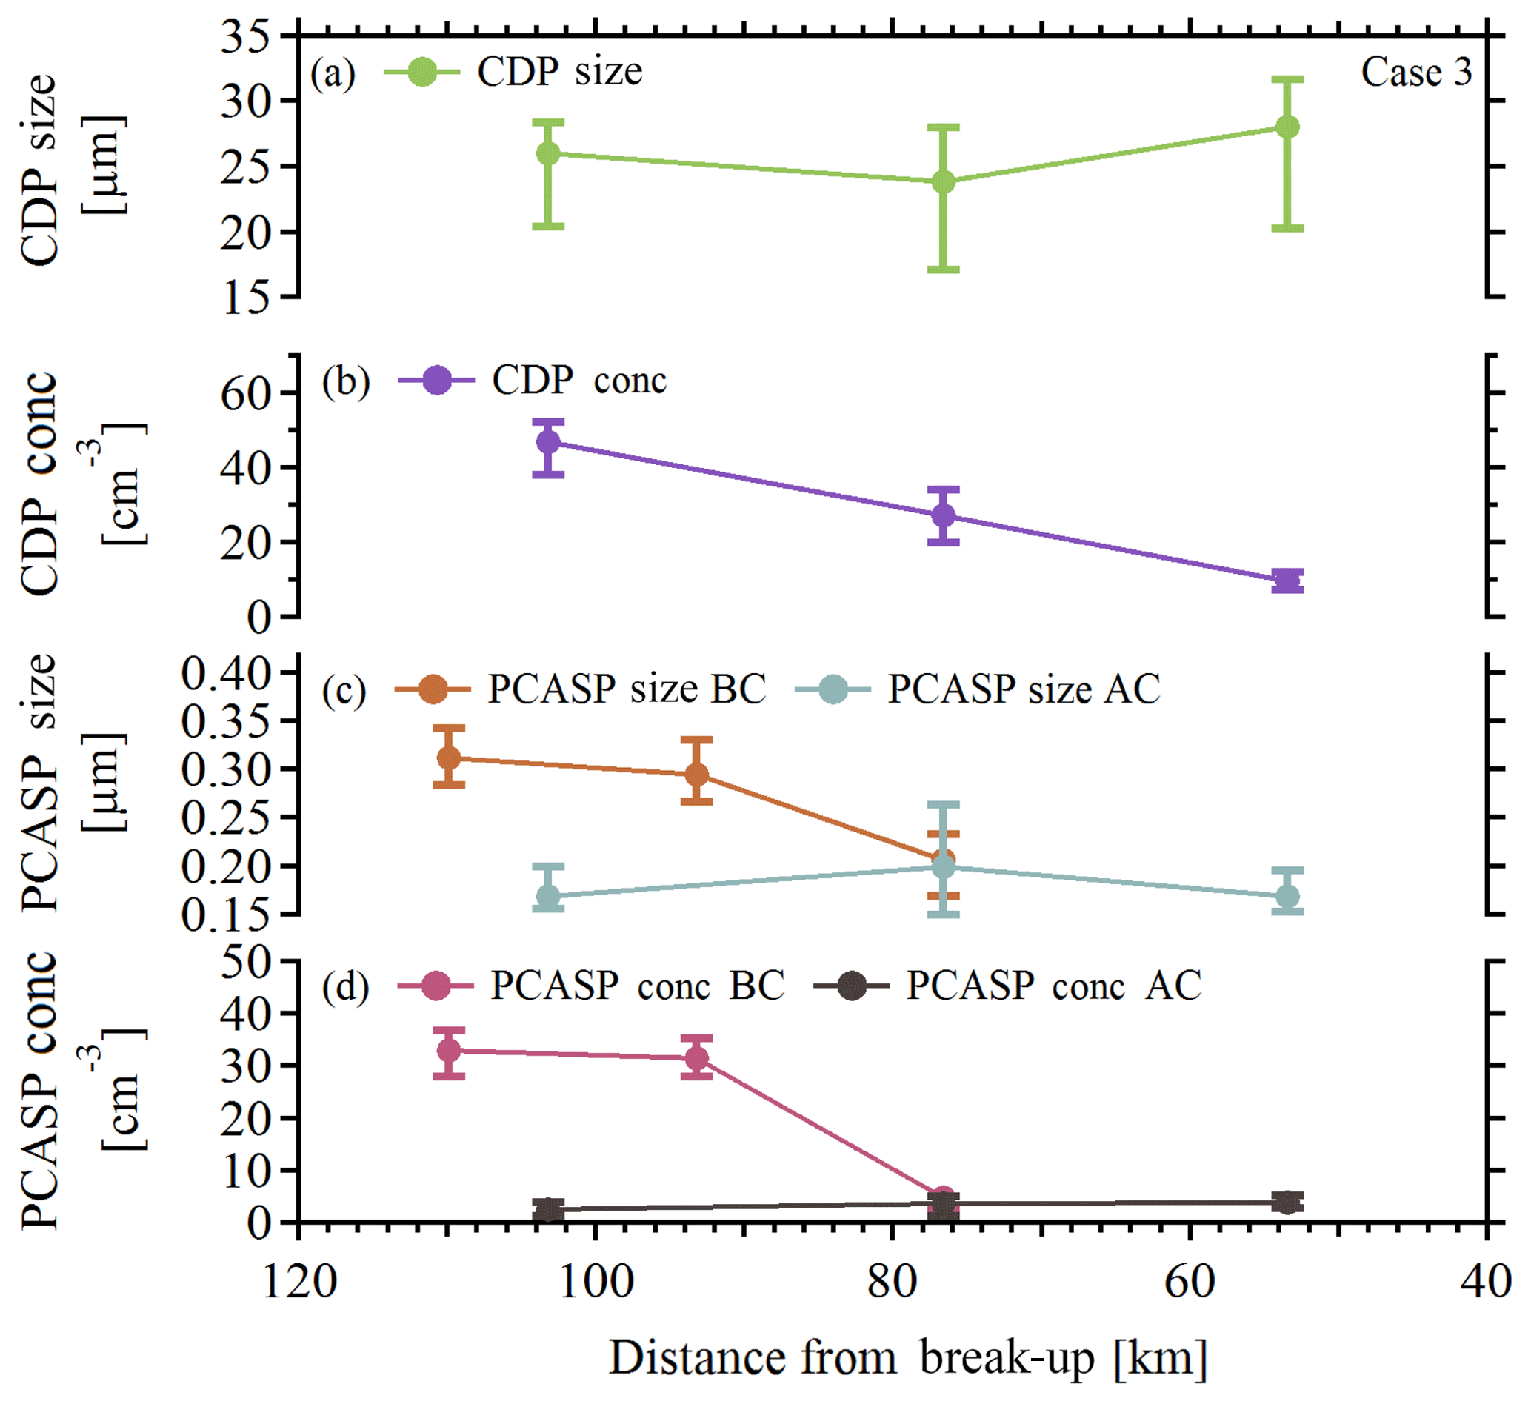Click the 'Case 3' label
coord(1415,73)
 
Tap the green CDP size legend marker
coord(421,72)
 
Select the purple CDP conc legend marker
coord(437,381)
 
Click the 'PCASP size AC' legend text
coord(1024,689)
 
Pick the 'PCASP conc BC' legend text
coord(637,986)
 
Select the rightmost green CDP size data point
coord(1287,127)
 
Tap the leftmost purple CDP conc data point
coord(548,441)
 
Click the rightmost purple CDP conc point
coord(1287,581)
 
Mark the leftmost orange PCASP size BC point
coord(449,757)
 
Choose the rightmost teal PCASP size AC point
coord(1287,897)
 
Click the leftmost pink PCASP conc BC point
coord(449,1051)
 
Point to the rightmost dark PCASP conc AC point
coord(1287,1202)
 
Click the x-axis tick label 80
coord(892,1283)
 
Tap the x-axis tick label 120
coord(298,1283)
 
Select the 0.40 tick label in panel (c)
coord(227,674)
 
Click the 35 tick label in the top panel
coord(244,36)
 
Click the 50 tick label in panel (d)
coord(244,963)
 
